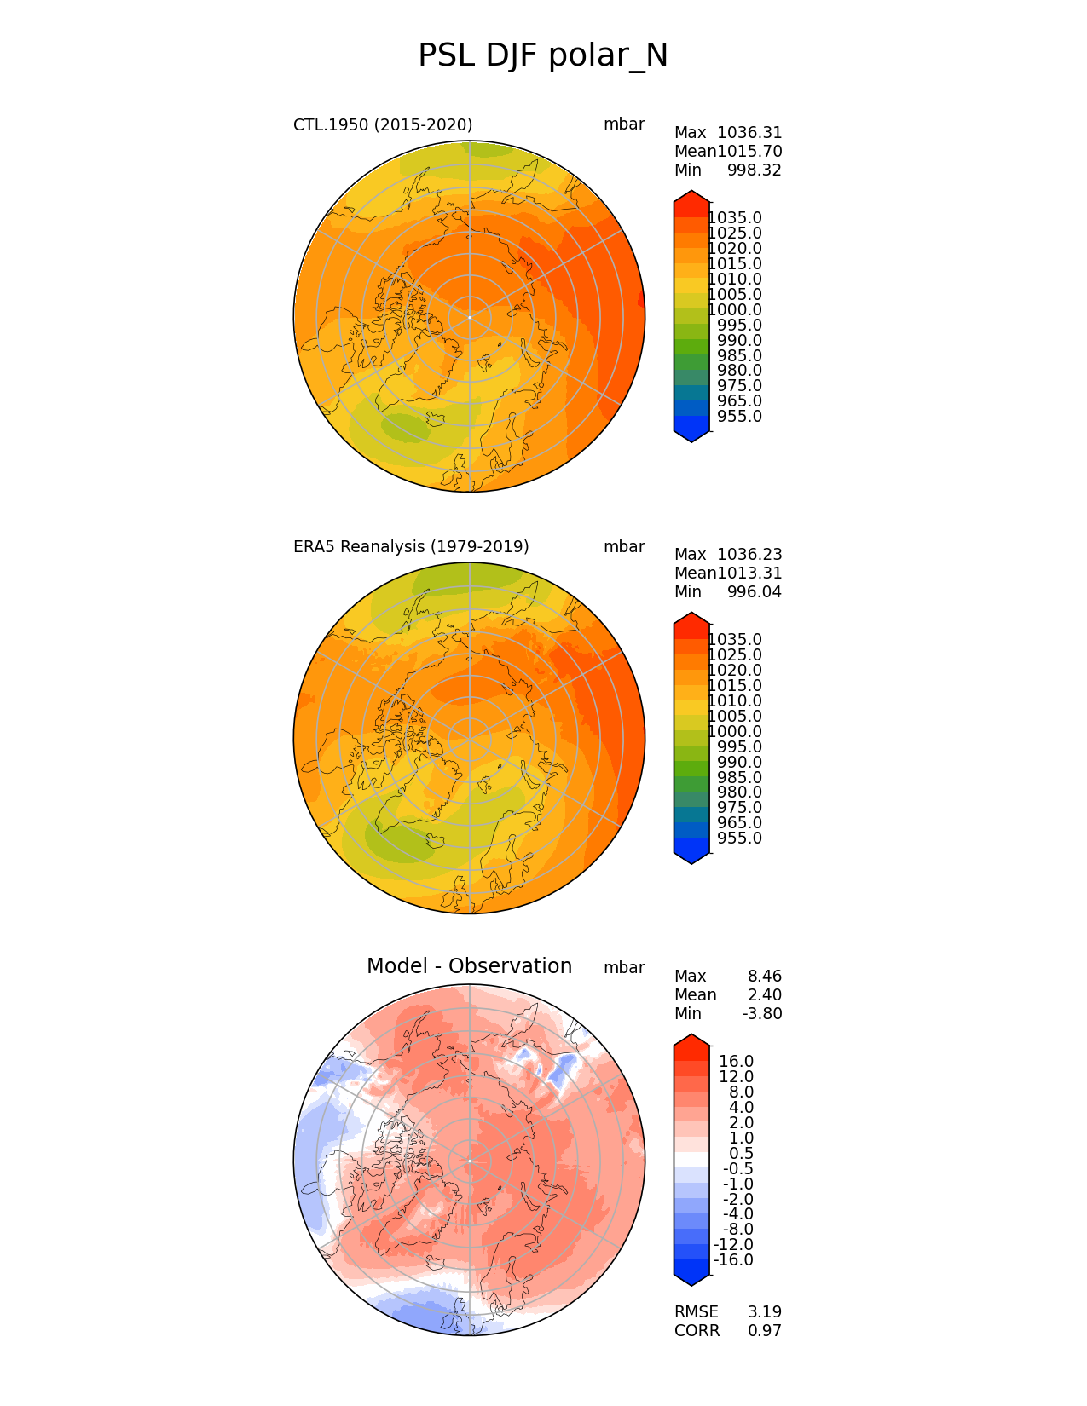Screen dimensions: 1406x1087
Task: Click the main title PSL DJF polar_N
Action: pos(543,56)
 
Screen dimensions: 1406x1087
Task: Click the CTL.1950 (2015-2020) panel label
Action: pos(383,125)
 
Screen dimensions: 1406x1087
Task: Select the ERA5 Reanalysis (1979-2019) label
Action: pos(411,547)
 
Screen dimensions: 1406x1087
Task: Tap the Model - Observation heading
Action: pos(469,966)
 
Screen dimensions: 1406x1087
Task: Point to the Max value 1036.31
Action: pos(749,133)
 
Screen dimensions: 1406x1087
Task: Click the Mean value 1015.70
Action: pos(749,152)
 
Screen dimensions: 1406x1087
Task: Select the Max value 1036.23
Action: pos(749,555)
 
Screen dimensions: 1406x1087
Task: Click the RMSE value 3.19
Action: pos(764,1312)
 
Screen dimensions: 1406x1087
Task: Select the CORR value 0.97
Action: pos(764,1331)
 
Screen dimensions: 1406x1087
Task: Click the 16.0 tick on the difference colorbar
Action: pos(737,1062)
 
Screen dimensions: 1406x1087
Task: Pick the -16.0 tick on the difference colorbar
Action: pos(733,1260)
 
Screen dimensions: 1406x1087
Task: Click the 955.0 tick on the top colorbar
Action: pos(739,417)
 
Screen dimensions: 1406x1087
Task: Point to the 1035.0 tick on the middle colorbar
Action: pos(735,640)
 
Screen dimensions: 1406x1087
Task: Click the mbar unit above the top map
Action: pos(624,124)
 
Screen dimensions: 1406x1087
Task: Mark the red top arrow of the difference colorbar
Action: pos(691,1040)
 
